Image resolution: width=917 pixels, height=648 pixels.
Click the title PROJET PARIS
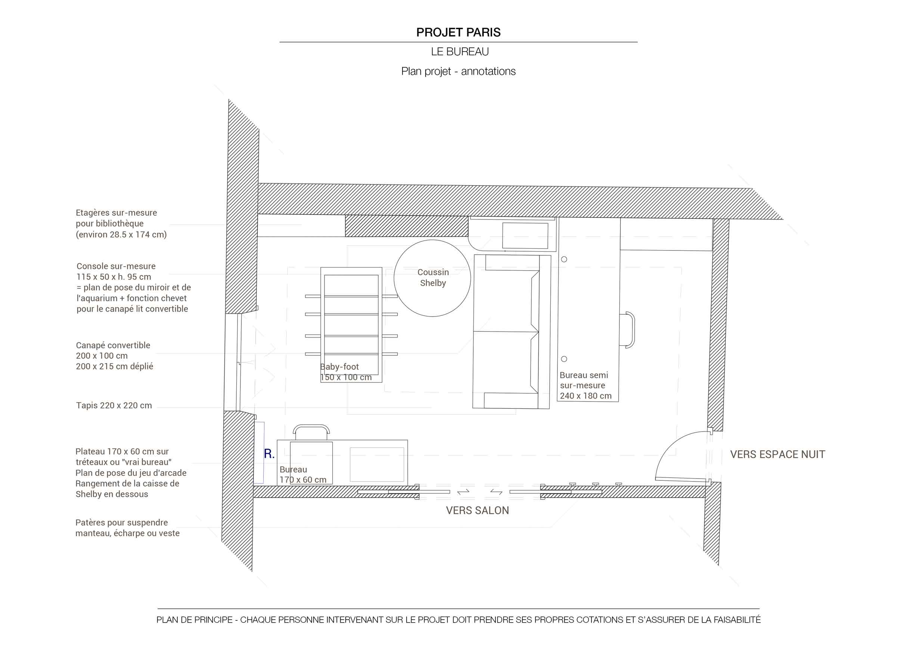[458, 32]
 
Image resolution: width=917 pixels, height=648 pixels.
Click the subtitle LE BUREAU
[460, 52]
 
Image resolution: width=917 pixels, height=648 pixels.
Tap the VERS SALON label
[477, 510]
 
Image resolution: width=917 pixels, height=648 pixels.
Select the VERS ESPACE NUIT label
[778, 454]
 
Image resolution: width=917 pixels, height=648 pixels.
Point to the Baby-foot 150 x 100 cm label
[346, 372]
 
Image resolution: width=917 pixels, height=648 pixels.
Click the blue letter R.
[269, 454]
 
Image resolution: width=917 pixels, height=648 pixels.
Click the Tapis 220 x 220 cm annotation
[114, 405]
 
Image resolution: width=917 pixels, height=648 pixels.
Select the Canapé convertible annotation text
[115, 356]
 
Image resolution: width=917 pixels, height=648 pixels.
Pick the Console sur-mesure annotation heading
[116, 266]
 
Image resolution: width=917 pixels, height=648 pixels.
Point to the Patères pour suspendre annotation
[127, 528]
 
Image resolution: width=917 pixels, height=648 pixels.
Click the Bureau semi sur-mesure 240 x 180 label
[585, 385]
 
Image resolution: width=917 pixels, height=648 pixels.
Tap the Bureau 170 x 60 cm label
[303, 474]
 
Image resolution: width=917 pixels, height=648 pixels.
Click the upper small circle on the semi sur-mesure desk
[564, 259]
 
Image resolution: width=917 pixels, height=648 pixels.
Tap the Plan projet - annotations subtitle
[458, 71]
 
